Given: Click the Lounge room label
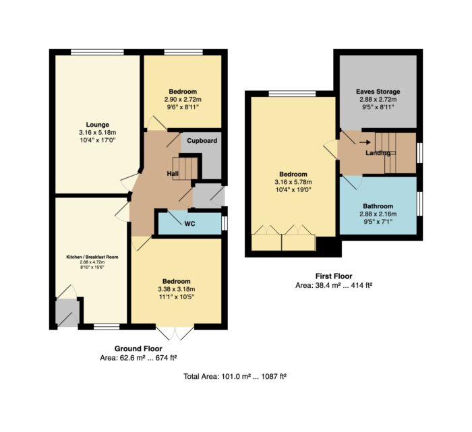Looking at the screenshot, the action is point(98,125).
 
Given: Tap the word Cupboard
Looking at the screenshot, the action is point(202,141).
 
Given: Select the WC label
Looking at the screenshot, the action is point(189,224).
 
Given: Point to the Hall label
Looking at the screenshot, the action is point(173,174).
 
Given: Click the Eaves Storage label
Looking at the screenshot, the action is point(378,92).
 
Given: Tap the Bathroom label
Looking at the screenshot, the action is point(378,206).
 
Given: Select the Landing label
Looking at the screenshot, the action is point(378,153).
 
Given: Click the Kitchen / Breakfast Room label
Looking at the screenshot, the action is point(92,257).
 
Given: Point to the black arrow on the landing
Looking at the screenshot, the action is point(365,142).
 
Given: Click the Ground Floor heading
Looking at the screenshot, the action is point(138,348).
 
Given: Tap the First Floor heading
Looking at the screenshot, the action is point(334,276).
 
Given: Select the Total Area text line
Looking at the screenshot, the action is point(235,376).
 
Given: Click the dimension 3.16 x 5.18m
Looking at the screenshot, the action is point(98,132).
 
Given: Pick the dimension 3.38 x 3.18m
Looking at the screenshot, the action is point(177,289).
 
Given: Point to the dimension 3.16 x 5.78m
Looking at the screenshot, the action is point(293,182).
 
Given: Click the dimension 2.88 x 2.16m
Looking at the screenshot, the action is point(378,214).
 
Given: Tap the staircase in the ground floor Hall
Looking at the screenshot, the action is point(185,168).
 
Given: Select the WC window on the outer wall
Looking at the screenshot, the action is point(224,223).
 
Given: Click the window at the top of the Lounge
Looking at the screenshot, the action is point(98,52).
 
